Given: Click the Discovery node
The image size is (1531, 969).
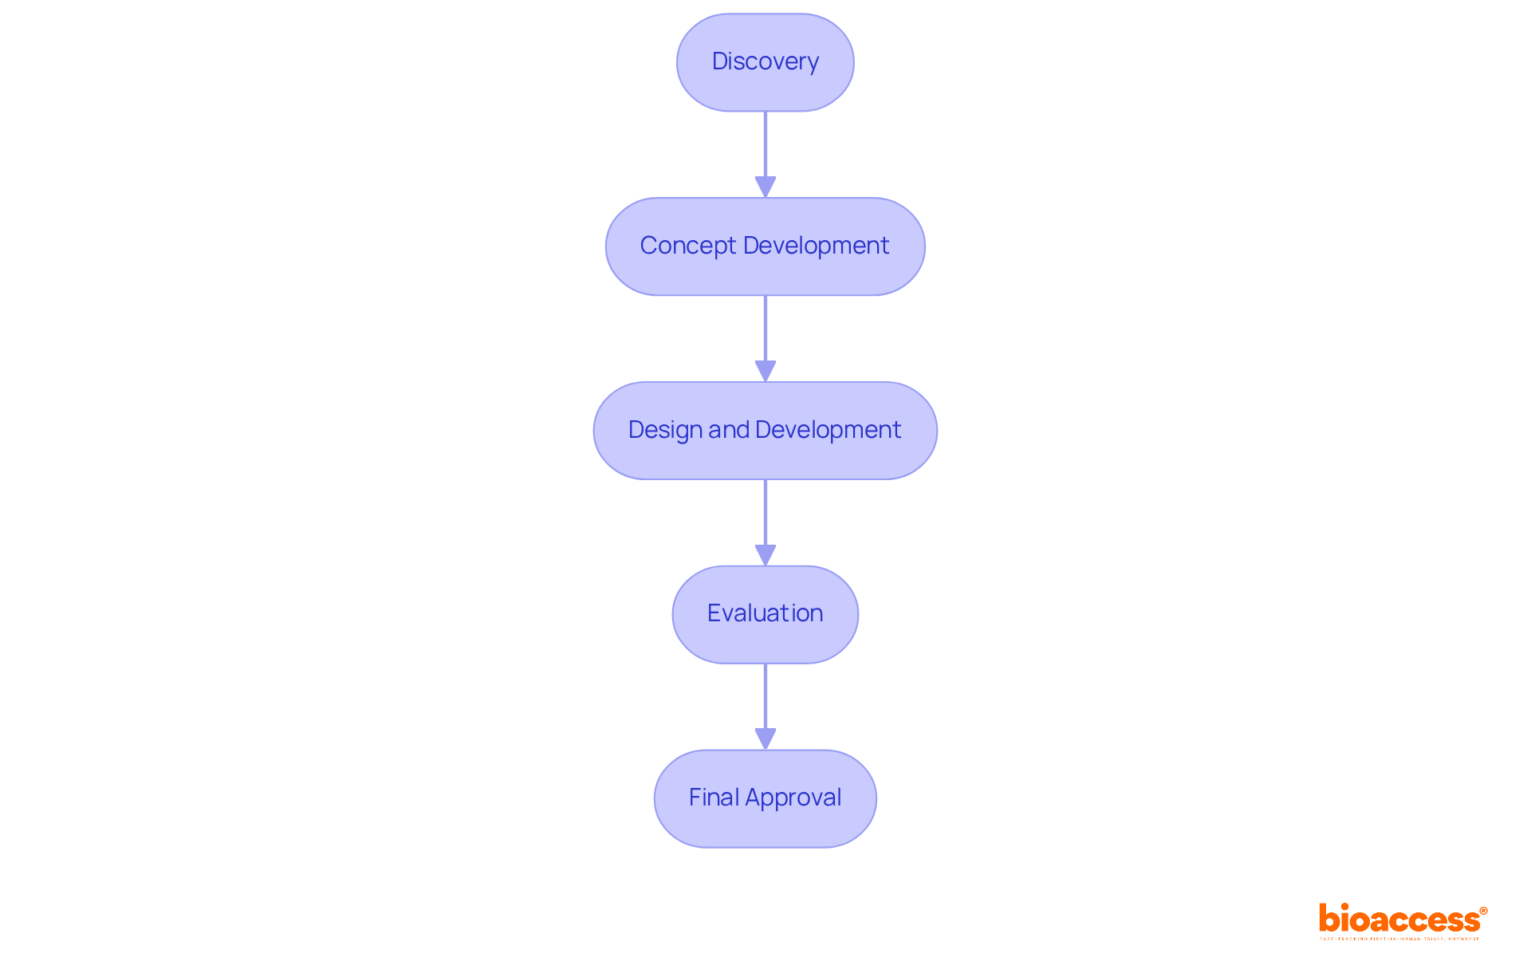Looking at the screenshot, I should (x=765, y=62).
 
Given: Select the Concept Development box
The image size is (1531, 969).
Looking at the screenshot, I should (x=765, y=246).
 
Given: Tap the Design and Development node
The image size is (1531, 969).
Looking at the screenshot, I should (x=765, y=431).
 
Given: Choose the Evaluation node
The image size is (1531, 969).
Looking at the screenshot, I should (x=765, y=614).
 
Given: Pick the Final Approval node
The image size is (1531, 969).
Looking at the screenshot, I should (x=765, y=798).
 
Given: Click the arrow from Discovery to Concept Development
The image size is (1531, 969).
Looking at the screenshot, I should (x=765, y=148).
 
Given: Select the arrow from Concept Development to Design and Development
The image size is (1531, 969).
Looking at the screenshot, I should (x=765, y=331).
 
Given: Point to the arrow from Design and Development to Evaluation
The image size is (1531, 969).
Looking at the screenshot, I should (x=765, y=514).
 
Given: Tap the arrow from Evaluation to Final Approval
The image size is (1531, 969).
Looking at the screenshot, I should (x=765, y=699).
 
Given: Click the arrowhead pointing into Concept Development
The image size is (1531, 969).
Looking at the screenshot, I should (x=765, y=187).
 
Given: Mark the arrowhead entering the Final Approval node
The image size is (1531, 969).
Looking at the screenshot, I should (x=765, y=739).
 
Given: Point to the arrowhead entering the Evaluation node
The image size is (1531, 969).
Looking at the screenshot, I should (x=765, y=555).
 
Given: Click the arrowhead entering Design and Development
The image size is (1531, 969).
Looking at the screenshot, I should (x=765, y=372).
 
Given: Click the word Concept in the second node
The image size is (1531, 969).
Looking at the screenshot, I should (x=687, y=246).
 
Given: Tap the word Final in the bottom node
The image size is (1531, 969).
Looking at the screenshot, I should (x=714, y=798).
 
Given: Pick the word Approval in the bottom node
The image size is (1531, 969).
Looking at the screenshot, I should (x=793, y=798).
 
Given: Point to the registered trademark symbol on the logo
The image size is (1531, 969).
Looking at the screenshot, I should (x=1483, y=911).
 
